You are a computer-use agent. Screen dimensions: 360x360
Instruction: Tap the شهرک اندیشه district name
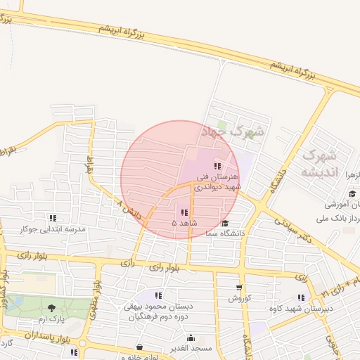(x=321, y=163)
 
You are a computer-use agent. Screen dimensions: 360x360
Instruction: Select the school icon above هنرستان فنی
(x=217, y=166)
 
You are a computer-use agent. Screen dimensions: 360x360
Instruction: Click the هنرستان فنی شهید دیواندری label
(x=217, y=182)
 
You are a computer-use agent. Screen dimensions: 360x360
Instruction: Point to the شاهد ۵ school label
(x=184, y=223)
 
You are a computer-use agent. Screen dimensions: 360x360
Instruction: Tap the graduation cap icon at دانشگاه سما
(x=225, y=224)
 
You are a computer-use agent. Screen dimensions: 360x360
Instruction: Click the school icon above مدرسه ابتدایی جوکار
(x=53, y=218)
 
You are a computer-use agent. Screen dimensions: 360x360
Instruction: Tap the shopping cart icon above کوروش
(x=239, y=287)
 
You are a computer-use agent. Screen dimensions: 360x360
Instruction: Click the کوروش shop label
(x=239, y=297)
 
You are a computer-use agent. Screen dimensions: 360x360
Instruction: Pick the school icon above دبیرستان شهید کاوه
(x=302, y=297)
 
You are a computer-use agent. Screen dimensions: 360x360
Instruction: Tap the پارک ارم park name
(x=51, y=319)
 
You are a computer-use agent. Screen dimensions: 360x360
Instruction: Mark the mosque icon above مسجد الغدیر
(x=191, y=337)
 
